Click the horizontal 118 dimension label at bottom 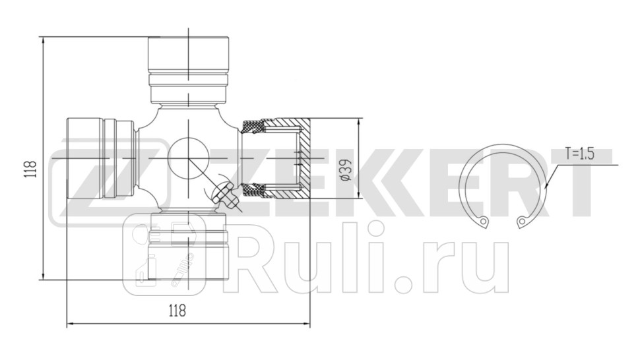click(177, 310)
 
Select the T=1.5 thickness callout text click(580, 154)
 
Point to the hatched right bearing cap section click(290, 158)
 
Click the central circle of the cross click(189, 158)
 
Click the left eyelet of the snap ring click(484, 222)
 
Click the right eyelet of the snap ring click(522, 222)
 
